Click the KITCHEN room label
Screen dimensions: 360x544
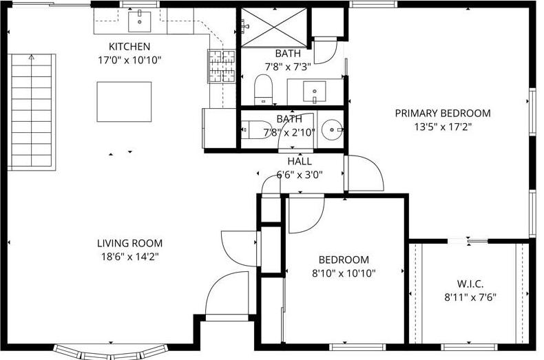[x=129, y=47]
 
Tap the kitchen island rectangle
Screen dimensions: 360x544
[x=124, y=101]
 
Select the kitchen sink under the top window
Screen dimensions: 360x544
[x=140, y=21]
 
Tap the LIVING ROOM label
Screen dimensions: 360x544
[x=129, y=243]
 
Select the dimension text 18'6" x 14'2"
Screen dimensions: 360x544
[x=129, y=257]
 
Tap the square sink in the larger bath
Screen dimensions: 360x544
[x=315, y=89]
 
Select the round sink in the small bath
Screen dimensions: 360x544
[x=333, y=129]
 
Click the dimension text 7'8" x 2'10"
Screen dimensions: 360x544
[x=289, y=132]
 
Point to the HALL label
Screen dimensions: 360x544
[x=300, y=161]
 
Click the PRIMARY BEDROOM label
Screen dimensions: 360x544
[x=442, y=113]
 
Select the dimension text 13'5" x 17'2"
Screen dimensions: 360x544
[x=442, y=127]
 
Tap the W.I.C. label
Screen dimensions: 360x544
[x=470, y=284]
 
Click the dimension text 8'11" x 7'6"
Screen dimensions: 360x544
[x=470, y=297]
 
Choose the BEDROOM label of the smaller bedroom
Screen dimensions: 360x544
[x=344, y=260]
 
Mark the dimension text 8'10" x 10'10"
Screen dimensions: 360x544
[x=344, y=273]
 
